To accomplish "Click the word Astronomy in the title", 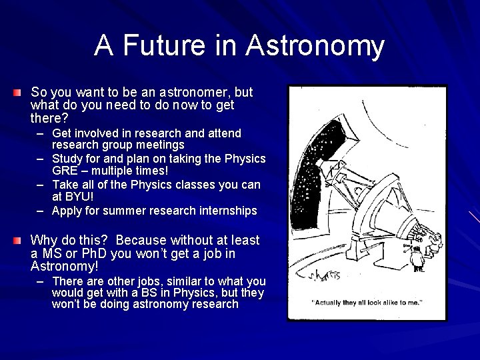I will tap(315, 46).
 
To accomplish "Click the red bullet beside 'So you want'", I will tap(18, 91).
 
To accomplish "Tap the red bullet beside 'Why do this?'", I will tap(18, 240).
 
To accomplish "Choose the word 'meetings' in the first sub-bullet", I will tap(160, 145).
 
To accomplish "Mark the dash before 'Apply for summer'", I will tap(41, 211).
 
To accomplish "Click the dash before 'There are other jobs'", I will tap(41, 281).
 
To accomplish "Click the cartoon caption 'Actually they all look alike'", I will tap(367, 303).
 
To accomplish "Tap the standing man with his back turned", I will tap(418, 257).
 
